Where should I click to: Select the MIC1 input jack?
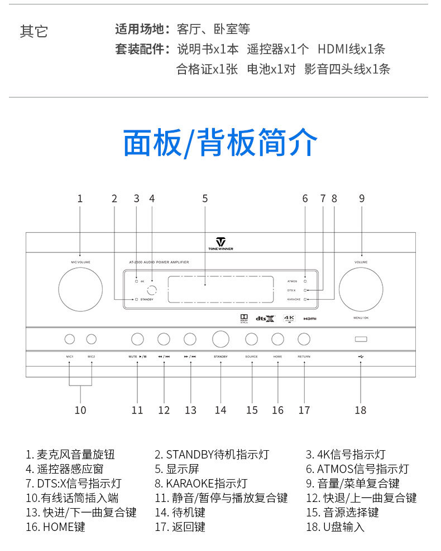pyautogui.click(x=70, y=339)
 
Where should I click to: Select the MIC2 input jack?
pyautogui.click(x=91, y=339)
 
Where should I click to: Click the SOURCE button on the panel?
pyautogui.click(x=252, y=339)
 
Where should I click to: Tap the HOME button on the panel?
pyautogui.click(x=277, y=339)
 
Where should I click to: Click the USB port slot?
pyautogui.click(x=361, y=339)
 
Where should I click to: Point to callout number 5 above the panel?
pyautogui.click(x=205, y=198)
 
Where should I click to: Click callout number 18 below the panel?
pyautogui.click(x=361, y=410)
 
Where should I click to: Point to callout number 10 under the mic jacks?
pyautogui.click(x=80, y=410)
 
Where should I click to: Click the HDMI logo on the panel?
pyautogui.click(x=310, y=318)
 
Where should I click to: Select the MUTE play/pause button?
pyautogui.click(x=137, y=339)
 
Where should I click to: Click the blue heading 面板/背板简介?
pyautogui.click(x=220, y=143)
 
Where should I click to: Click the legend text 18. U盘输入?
pyautogui.click(x=335, y=526)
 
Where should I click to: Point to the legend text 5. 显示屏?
pyautogui.click(x=177, y=469)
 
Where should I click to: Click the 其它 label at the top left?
pyautogui.click(x=34, y=32)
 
